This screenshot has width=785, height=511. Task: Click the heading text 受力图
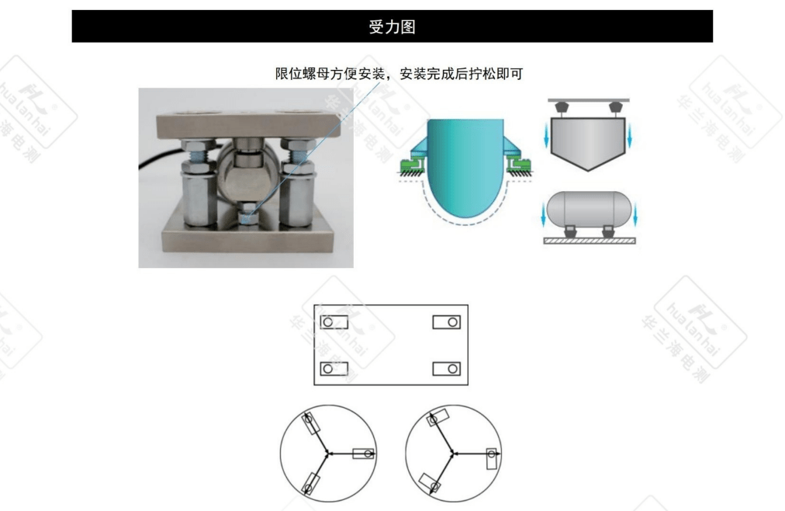pos(392,26)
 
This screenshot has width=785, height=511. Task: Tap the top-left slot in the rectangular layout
pos(334,322)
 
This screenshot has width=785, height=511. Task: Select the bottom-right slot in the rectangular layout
pos(447,368)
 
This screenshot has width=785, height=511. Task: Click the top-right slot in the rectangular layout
pos(447,322)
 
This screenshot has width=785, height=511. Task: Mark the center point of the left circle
pos(330,453)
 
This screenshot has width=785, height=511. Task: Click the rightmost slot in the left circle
pos(364,454)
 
